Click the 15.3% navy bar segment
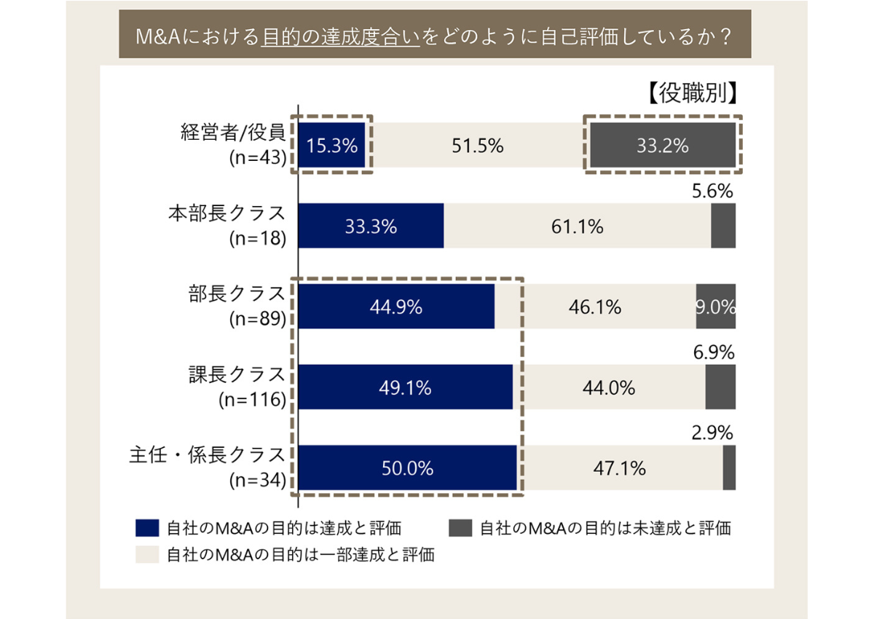(x=332, y=146)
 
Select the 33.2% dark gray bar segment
(x=662, y=146)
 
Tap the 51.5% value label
(x=478, y=146)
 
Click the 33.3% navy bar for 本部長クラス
(x=371, y=226)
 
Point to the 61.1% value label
(x=578, y=226)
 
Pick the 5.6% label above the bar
(x=711, y=192)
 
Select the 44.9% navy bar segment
(x=396, y=307)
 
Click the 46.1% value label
(x=595, y=307)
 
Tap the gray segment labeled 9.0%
(x=716, y=307)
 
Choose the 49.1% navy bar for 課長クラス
(x=406, y=388)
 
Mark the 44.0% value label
(x=609, y=388)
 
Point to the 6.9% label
(x=712, y=353)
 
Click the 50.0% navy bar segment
(x=408, y=468)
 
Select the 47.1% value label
(x=620, y=468)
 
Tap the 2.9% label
(x=712, y=433)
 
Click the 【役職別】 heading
(x=692, y=94)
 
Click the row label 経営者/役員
(x=232, y=133)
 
